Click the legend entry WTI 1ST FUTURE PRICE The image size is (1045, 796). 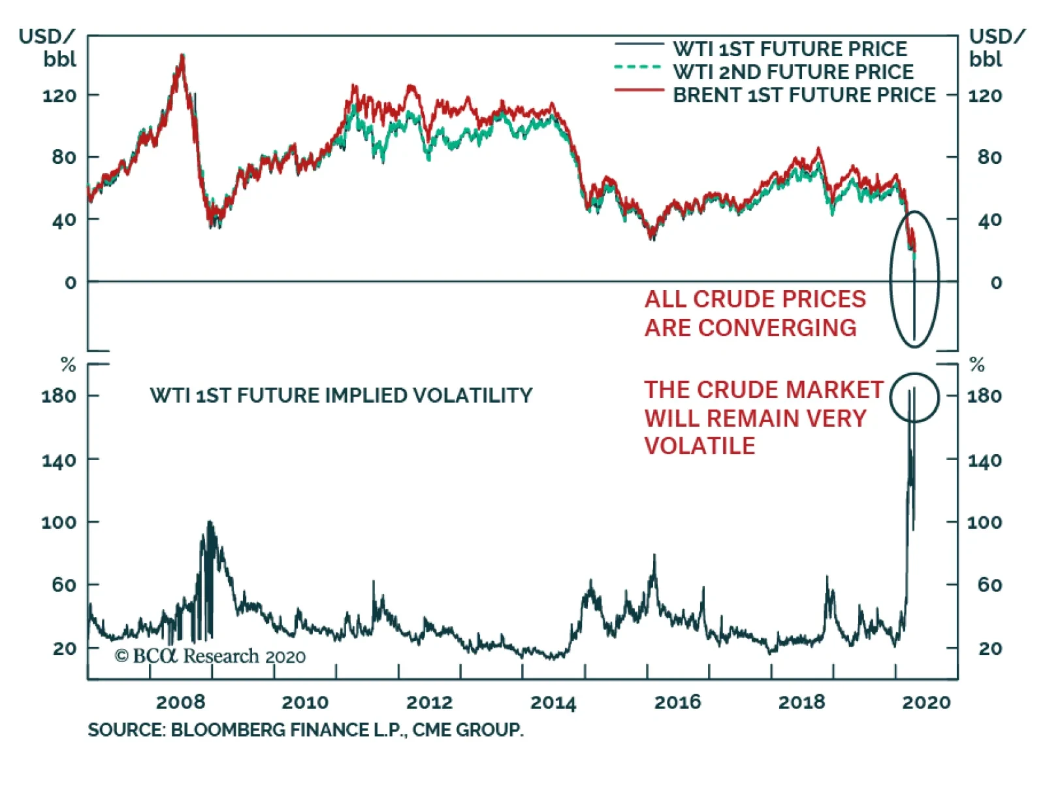coord(790,49)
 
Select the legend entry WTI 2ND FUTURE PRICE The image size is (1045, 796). coord(793,72)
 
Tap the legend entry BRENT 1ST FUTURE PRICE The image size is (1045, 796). coord(804,95)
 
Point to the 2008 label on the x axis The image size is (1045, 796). coord(180,702)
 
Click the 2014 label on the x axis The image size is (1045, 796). coord(553,702)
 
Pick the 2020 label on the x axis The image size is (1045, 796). coord(926,702)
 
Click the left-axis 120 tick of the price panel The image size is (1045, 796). coord(59,96)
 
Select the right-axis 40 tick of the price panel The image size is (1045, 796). coord(989,220)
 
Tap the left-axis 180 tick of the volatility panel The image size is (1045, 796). coord(59,395)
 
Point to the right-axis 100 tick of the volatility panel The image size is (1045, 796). coord(984,522)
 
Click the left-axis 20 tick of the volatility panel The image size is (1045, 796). coord(65,648)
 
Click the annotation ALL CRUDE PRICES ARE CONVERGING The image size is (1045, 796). coord(754,313)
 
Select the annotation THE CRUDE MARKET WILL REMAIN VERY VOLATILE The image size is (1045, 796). coord(763,418)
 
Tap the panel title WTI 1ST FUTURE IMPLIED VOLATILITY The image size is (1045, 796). coord(341,395)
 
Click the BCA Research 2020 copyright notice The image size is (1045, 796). coord(210,656)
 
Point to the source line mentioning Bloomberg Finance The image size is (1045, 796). coord(306,729)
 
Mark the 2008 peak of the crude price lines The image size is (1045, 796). coord(182,58)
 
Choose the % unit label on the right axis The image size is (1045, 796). coord(977,364)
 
